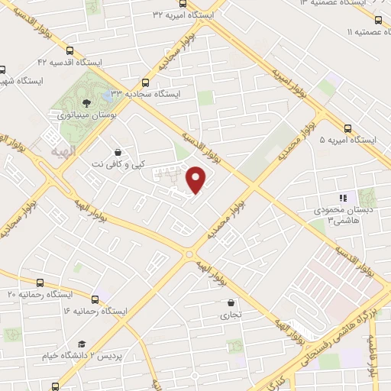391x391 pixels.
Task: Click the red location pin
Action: [x=196, y=179]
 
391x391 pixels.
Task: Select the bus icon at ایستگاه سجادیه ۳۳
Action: [x=146, y=82]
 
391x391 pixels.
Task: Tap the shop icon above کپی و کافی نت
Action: [x=116, y=152]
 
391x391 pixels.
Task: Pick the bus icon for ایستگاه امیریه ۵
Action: [x=347, y=128]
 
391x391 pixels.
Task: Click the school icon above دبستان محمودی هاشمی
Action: [x=343, y=198]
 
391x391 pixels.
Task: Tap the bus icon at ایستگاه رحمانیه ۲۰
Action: [x=40, y=283]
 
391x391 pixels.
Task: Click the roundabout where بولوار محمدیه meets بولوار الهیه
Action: [x=189, y=254]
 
